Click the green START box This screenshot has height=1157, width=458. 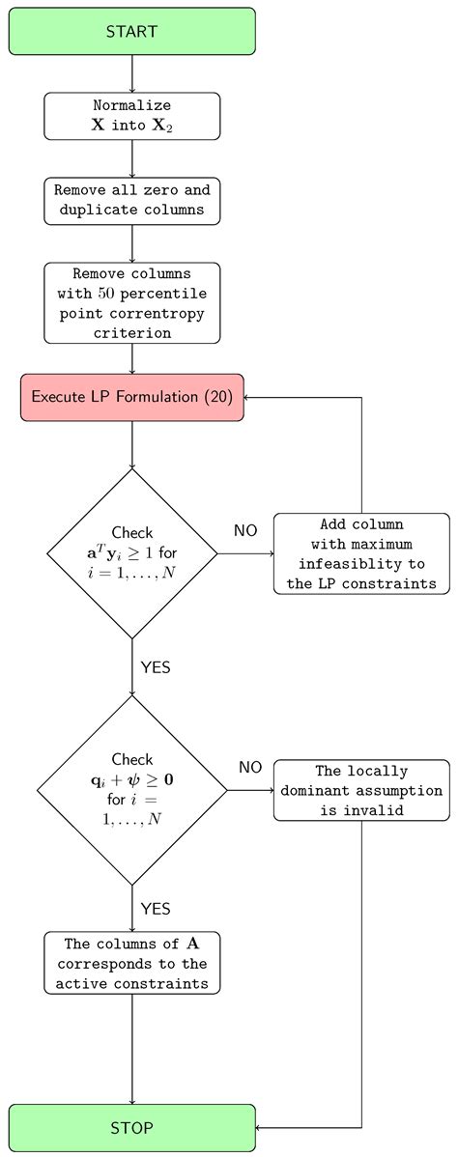pos(131,31)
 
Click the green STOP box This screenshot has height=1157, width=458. pos(131,1127)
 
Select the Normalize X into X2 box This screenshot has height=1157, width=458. pos(131,116)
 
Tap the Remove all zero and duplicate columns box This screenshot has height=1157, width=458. pos(131,200)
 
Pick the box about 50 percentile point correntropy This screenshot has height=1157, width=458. pos(131,302)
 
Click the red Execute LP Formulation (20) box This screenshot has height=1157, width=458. pos(131,397)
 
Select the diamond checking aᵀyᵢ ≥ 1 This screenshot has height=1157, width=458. pos(131,553)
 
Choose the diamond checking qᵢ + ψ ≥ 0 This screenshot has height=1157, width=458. pos(131,790)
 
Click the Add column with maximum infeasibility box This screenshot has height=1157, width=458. pos(361,553)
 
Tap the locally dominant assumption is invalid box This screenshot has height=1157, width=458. pos(361,790)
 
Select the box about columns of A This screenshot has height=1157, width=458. pos(131,963)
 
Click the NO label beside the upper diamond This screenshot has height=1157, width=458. pos(246,530)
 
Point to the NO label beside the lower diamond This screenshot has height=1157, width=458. pos(250,767)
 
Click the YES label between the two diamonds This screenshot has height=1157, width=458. pos(156,667)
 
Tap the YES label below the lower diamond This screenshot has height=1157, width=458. pos(156,909)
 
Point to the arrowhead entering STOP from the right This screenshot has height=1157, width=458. pos(260,1127)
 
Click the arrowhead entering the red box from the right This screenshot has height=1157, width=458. pos(249,397)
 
